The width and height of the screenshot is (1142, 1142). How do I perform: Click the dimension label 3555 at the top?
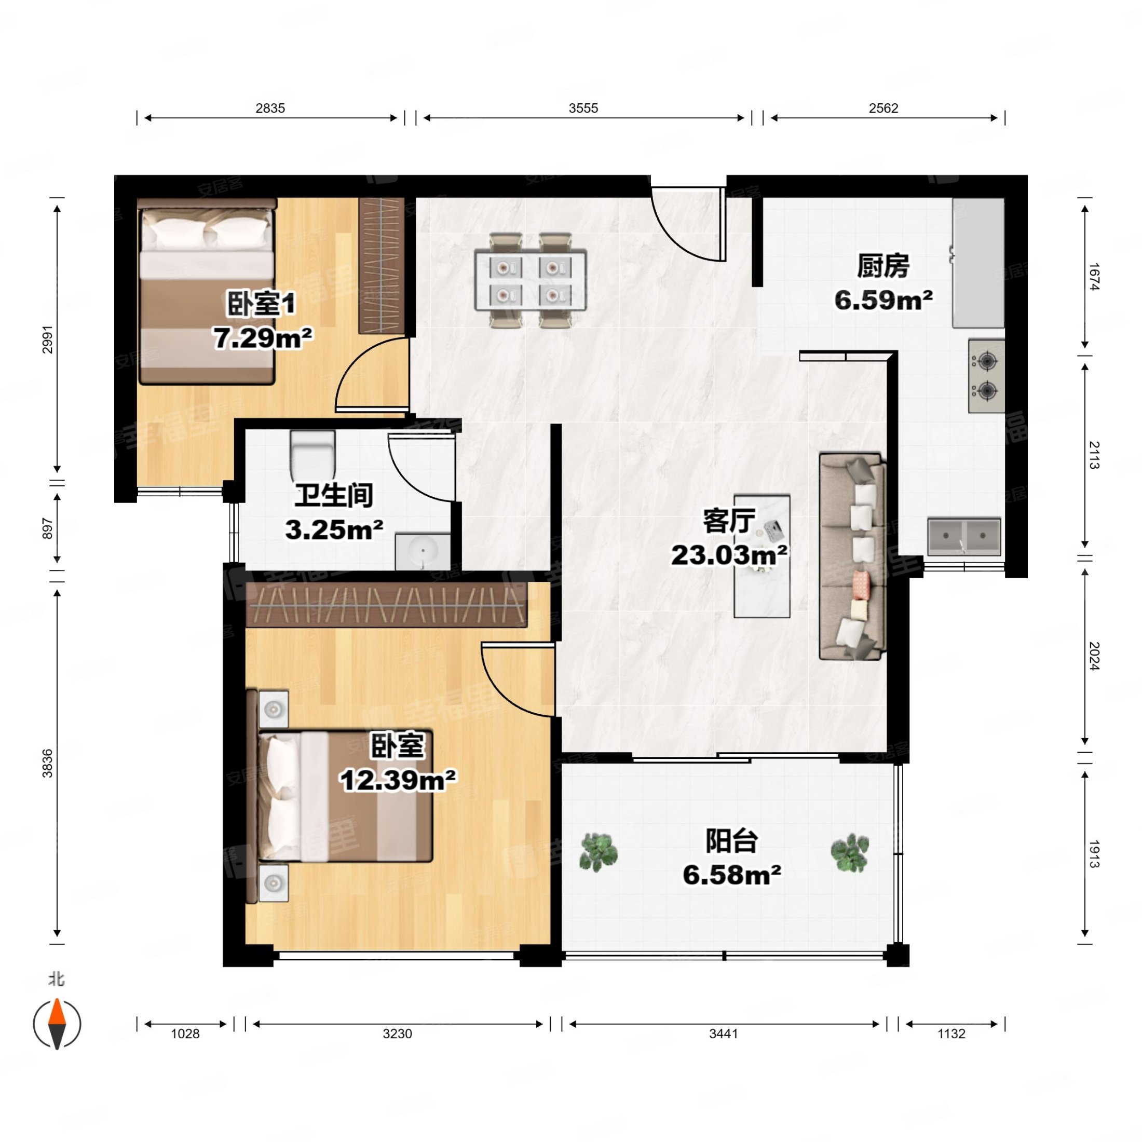tap(583, 108)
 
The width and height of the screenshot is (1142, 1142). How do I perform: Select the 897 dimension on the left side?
tap(47, 528)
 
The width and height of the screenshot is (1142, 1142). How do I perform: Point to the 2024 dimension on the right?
tap(1094, 656)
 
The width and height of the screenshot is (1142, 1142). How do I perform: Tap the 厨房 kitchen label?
tap(882, 267)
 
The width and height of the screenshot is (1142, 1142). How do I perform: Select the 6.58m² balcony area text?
tap(732, 874)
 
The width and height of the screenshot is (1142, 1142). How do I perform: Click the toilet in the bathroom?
tap(312, 455)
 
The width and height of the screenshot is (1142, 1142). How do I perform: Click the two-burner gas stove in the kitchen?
tap(986, 376)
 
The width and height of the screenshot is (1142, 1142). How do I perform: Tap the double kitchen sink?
tap(963, 536)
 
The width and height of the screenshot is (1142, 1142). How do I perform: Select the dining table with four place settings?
tap(530, 281)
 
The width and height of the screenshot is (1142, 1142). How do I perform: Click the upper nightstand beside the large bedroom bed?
tap(274, 709)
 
